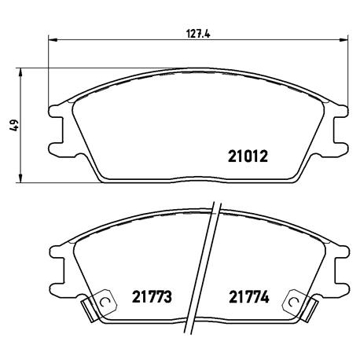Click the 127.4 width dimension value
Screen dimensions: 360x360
193,33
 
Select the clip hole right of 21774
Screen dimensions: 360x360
296,299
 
